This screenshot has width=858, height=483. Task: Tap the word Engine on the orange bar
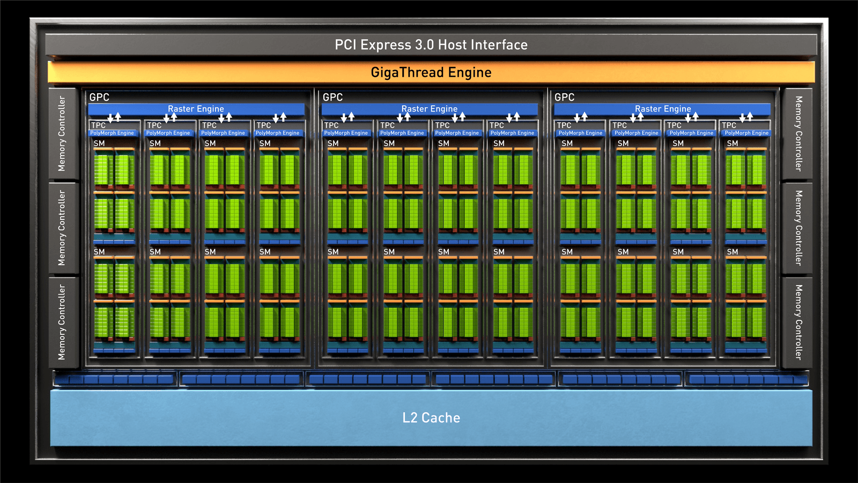470,72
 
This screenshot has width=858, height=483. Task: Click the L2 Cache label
431,418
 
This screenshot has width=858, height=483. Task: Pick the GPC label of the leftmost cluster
99,97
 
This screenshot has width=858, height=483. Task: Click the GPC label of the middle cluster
332,97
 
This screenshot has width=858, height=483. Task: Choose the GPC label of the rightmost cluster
564,97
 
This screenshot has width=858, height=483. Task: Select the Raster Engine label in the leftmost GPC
196,109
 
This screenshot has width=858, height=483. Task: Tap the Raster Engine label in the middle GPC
430,109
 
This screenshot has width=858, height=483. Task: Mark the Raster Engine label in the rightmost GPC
663,109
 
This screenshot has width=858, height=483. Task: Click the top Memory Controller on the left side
62,134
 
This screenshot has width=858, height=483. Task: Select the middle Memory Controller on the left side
62,228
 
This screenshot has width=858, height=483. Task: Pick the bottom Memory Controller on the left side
62,322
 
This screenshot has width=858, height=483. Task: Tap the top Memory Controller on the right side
798,134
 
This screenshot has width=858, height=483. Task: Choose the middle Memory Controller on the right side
798,228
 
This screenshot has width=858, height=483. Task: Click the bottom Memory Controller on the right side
798,322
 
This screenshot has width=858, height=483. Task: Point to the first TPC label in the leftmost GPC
98,126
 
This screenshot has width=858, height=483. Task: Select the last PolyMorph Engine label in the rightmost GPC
746,133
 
